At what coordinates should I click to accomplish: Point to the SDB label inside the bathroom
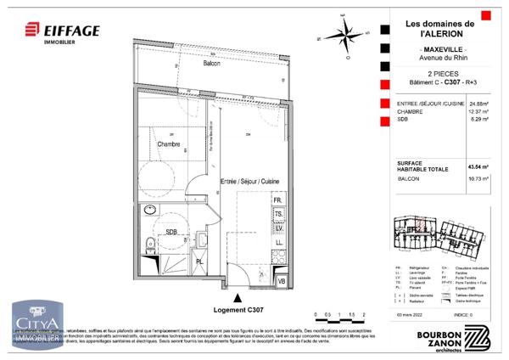(x=171, y=231)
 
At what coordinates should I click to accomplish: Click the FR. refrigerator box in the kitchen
(x=277, y=200)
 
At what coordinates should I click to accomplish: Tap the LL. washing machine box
(x=278, y=243)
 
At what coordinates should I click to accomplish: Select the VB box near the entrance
(x=282, y=279)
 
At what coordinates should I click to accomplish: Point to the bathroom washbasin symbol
(x=151, y=211)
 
